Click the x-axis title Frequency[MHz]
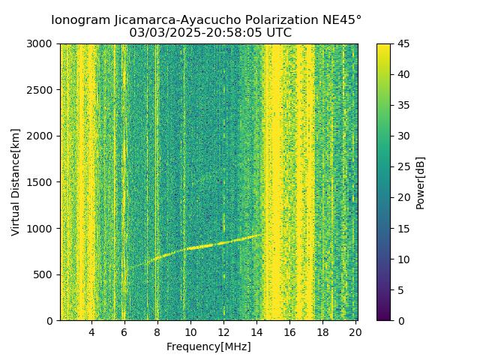[x=208, y=346]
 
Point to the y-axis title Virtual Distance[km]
[x=16, y=182]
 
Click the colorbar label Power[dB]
[x=420, y=182]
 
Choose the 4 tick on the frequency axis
[x=91, y=331]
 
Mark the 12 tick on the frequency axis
[x=223, y=331]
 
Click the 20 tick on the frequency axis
[x=355, y=331]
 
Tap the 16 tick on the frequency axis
[x=289, y=331]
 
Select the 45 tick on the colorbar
[x=403, y=44]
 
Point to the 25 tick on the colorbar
[x=403, y=167]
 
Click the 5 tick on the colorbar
[x=400, y=290]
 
